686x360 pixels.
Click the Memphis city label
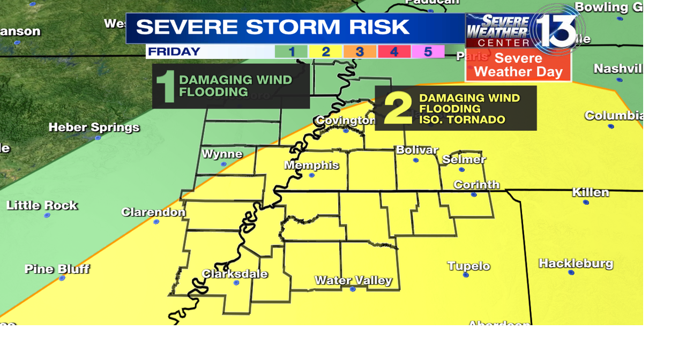(x=311, y=165)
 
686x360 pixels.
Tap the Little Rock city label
(x=42, y=205)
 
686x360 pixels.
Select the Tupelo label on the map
(x=468, y=266)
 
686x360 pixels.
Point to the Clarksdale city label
(x=235, y=274)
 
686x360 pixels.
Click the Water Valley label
(x=353, y=280)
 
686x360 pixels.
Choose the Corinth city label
(x=476, y=185)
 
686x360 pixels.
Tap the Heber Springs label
(x=94, y=127)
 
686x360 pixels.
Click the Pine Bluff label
(x=57, y=268)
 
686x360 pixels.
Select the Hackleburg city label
(x=576, y=263)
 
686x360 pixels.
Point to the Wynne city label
(x=222, y=154)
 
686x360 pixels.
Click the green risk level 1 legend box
(x=291, y=52)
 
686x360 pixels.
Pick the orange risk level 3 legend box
(x=360, y=52)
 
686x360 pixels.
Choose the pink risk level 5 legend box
(x=428, y=52)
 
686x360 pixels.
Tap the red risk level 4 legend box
(x=394, y=52)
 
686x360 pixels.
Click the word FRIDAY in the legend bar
(x=174, y=52)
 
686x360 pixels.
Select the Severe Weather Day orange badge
(x=518, y=65)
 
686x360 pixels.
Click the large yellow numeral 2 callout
(x=397, y=108)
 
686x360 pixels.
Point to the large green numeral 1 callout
(x=166, y=86)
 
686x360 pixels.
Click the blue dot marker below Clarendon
(x=156, y=222)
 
